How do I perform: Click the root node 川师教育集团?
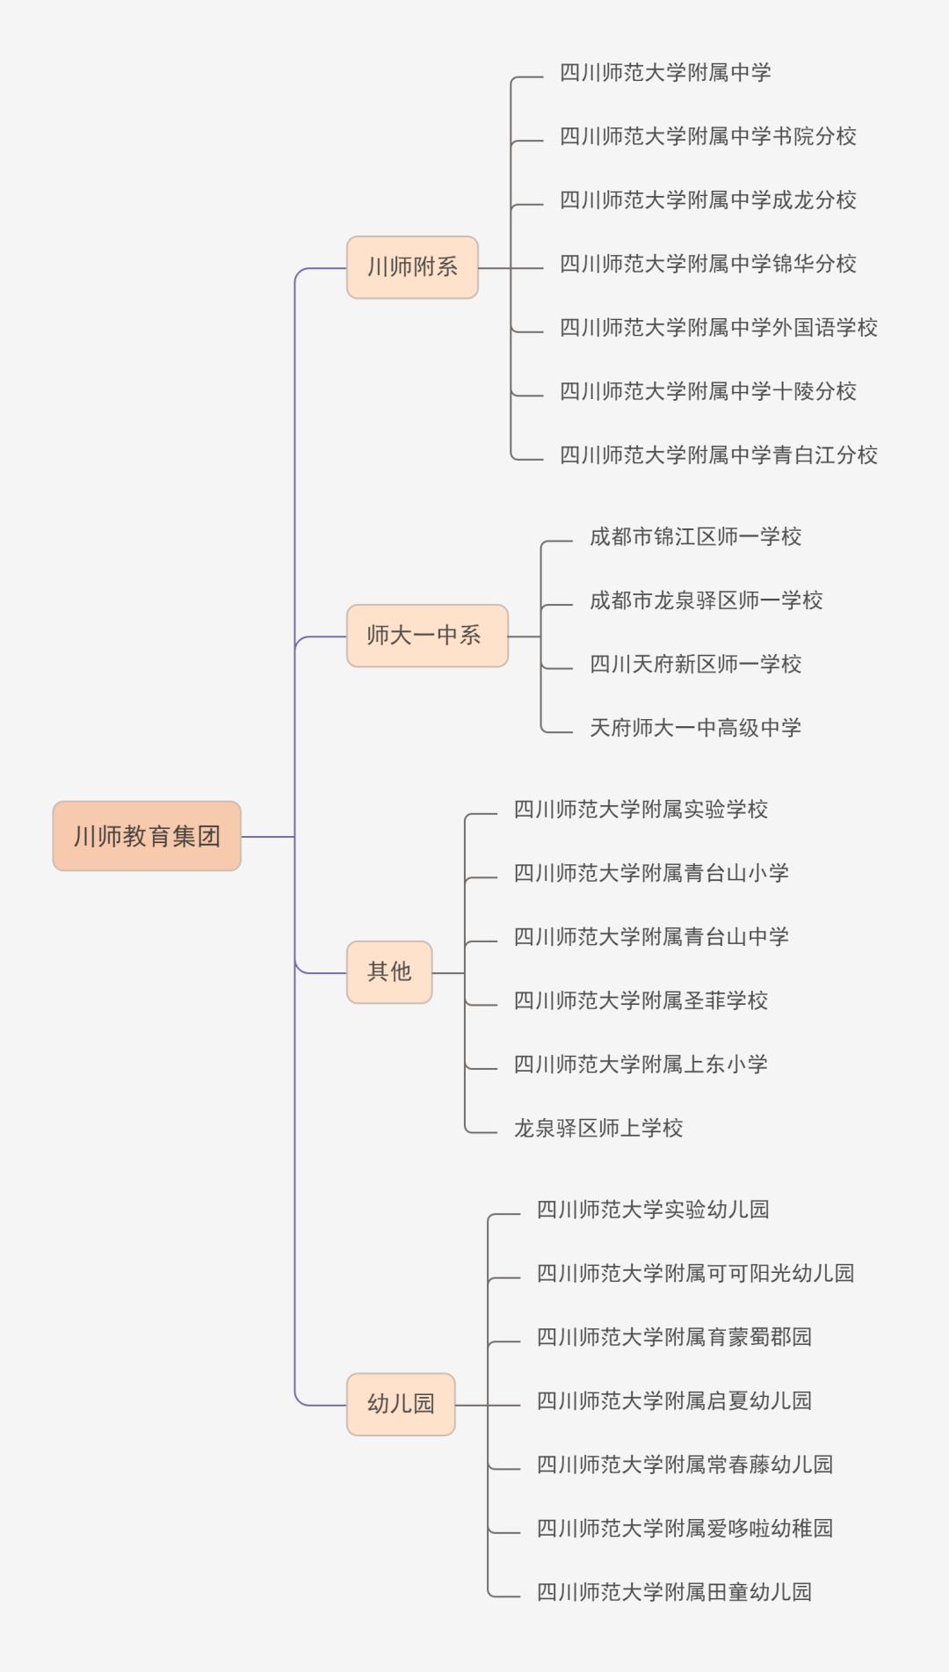147,836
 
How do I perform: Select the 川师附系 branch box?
412,267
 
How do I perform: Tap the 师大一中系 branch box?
427,636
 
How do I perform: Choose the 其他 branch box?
389,972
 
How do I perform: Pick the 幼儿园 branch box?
401,1404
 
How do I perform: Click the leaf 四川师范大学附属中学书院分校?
707,136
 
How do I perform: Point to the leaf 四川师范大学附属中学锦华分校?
707,264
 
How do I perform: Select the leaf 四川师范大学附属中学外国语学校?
718,328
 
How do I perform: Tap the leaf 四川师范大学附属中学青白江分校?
718,455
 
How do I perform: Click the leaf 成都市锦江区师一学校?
695,537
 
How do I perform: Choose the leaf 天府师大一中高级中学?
695,728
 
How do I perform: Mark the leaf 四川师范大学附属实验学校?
641,810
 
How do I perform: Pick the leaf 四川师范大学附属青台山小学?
651,873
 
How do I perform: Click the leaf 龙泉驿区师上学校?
598,1128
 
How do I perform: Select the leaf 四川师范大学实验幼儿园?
653,1210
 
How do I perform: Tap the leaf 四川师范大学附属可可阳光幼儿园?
695,1274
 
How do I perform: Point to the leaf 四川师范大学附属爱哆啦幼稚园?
685,1529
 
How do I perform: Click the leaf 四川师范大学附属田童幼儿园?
674,1592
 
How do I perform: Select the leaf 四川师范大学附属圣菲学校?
641,1000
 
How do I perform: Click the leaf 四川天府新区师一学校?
695,665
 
